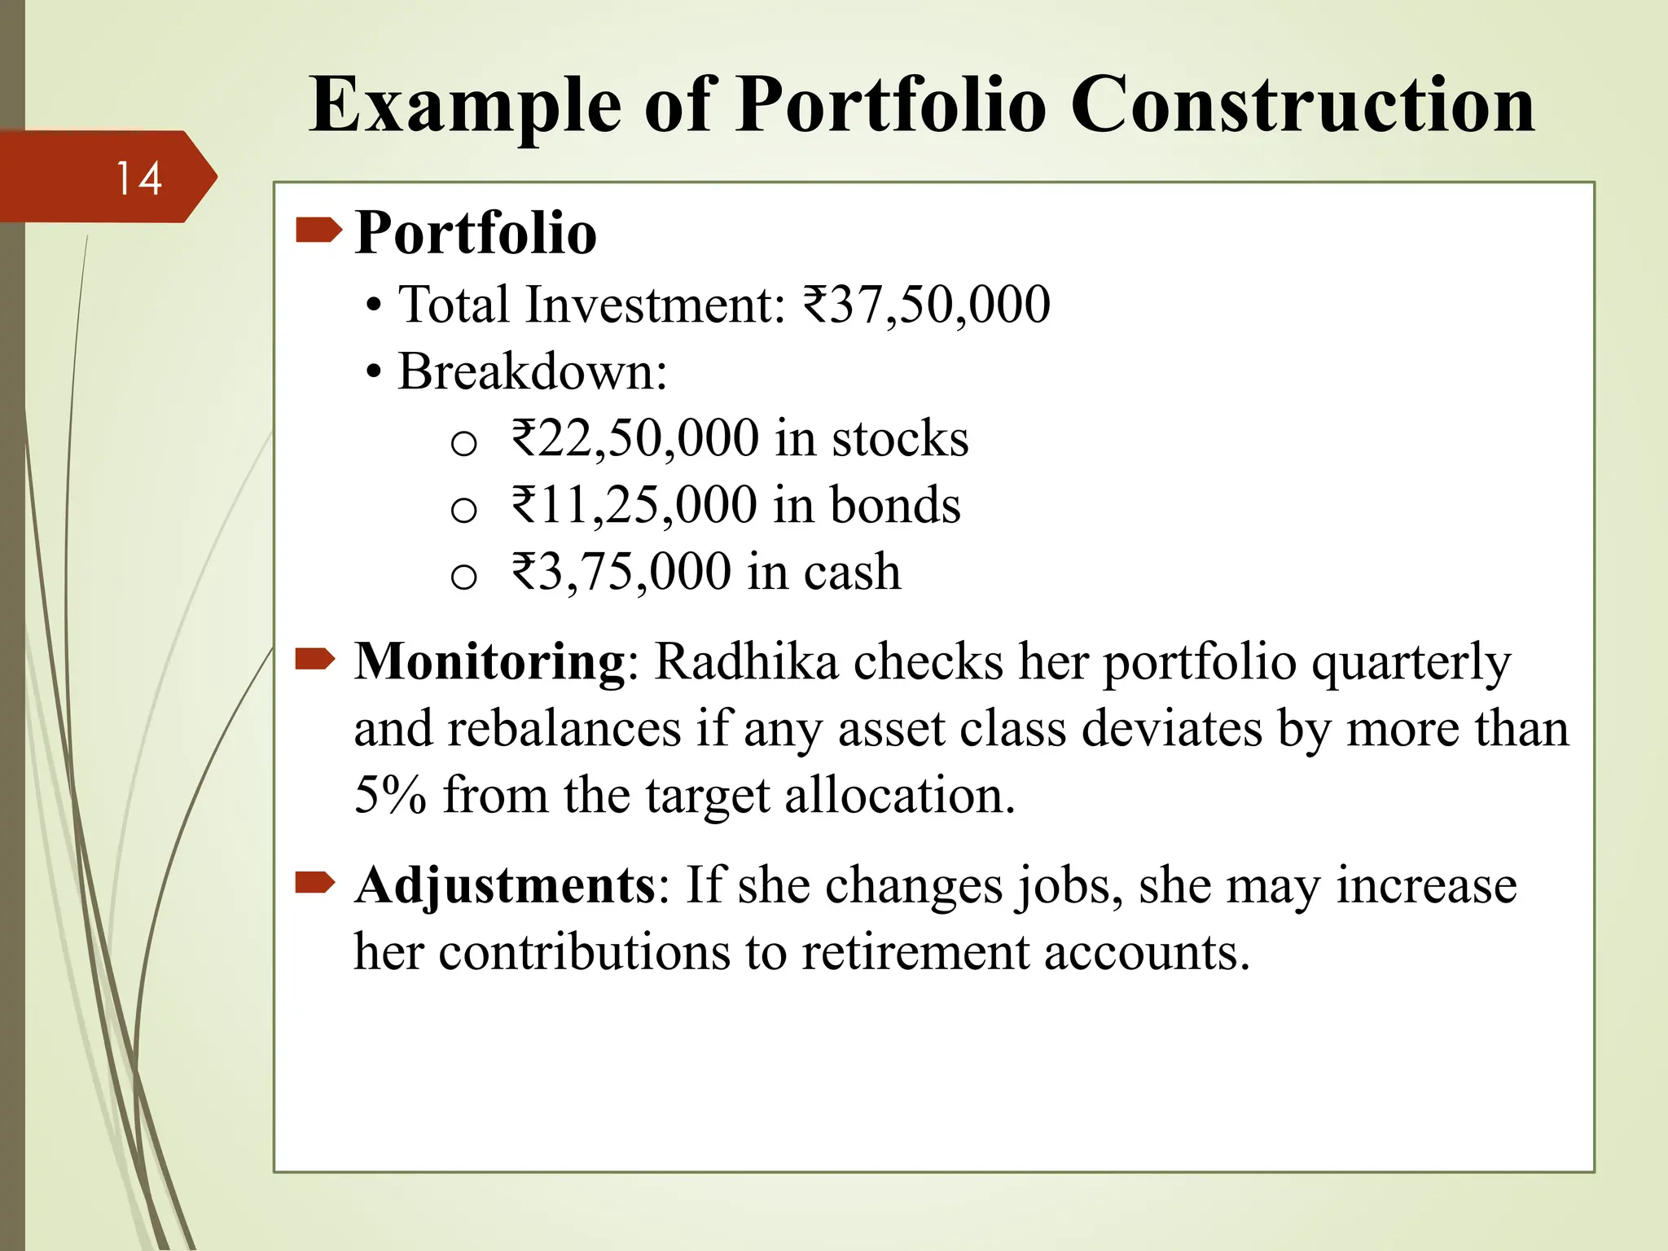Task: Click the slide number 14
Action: pyautogui.click(x=138, y=178)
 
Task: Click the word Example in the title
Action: pyautogui.click(x=464, y=106)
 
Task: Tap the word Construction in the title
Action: pyautogui.click(x=1301, y=106)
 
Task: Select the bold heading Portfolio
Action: pyautogui.click(x=476, y=234)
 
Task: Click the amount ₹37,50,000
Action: pyautogui.click(x=926, y=305)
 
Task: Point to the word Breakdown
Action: pyautogui.click(x=531, y=372)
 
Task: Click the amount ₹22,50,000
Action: pyautogui.click(x=635, y=439)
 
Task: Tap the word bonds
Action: pyautogui.click(x=895, y=506)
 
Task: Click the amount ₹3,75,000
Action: pyautogui.click(x=621, y=573)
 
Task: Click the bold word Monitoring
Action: pyautogui.click(x=489, y=661)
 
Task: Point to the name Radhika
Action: pyautogui.click(x=746, y=661)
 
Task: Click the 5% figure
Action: pyautogui.click(x=390, y=795)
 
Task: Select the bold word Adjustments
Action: pyautogui.click(x=505, y=886)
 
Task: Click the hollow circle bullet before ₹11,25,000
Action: pyautogui.click(x=463, y=511)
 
